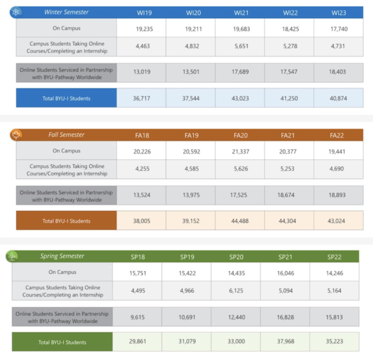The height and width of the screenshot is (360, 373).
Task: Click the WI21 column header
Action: pos(240,12)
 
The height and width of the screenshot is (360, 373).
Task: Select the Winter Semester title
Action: pos(66,12)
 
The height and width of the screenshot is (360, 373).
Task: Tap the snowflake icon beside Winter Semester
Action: pos(17,12)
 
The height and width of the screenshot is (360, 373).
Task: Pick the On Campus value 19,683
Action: pos(240,28)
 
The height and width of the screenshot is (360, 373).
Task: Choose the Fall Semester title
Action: pos(67,134)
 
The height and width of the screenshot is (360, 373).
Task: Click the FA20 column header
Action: pos(240,135)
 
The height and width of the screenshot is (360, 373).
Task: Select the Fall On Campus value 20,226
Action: pos(141,150)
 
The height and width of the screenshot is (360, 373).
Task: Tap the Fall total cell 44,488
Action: pos(240,220)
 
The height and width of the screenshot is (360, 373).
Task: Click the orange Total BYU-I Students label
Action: pos(67,220)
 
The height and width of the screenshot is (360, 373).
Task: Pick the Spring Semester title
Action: pos(62,256)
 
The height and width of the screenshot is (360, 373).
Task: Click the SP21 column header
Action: pos(285,256)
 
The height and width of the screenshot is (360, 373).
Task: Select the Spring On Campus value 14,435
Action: pos(236,272)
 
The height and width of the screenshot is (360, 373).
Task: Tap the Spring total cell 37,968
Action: pos(285,341)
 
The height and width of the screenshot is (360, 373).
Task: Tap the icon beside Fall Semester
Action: pos(17,134)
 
